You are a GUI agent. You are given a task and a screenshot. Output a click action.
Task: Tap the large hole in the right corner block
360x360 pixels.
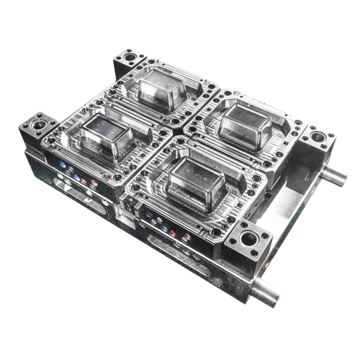(x=315, y=136)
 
